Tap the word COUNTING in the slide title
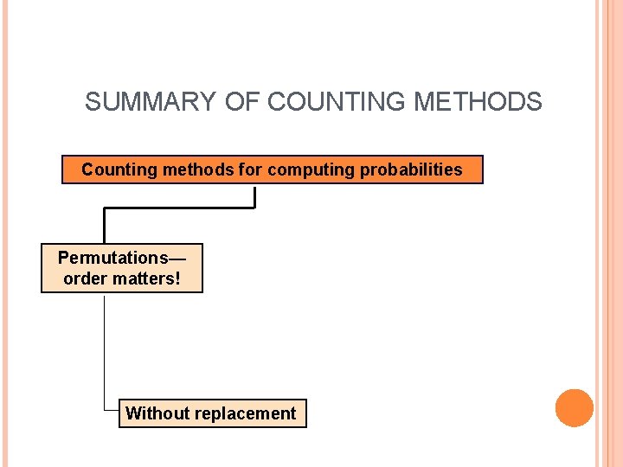click(x=337, y=102)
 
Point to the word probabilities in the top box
click(x=411, y=170)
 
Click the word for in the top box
click(x=249, y=170)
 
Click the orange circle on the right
click(x=575, y=408)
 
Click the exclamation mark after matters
click(x=178, y=279)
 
